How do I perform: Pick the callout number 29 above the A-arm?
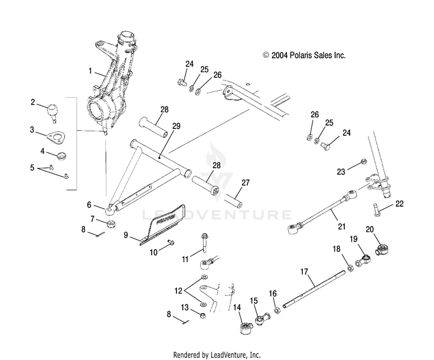(x=176, y=126)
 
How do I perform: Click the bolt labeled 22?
(x=376, y=208)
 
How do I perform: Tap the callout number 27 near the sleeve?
(x=246, y=182)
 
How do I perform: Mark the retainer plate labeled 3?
(x=56, y=138)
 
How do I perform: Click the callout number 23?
(x=341, y=171)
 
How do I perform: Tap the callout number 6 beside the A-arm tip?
(x=90, y=204)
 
